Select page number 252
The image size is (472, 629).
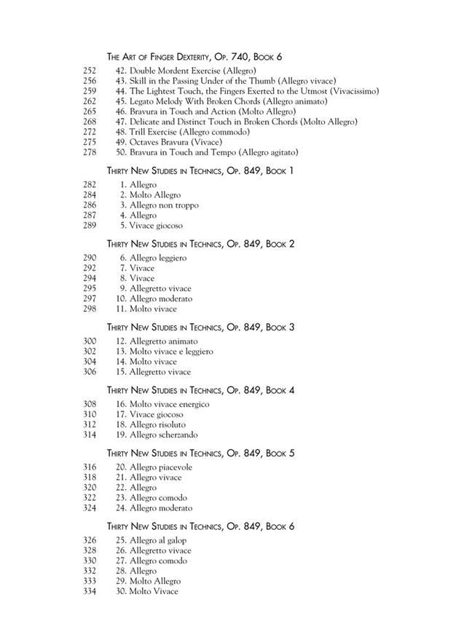(90, 71)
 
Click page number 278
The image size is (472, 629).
(90, 153)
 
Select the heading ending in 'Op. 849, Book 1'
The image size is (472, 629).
(200, 170)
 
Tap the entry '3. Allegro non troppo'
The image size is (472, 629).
(159, 205)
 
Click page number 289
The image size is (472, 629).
(90, 226)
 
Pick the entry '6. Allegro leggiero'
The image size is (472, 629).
(153, 258)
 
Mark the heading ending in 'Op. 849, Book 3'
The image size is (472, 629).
(200, 328)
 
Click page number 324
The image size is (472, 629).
(90, 508)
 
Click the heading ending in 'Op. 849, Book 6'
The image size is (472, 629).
(200, 526)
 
